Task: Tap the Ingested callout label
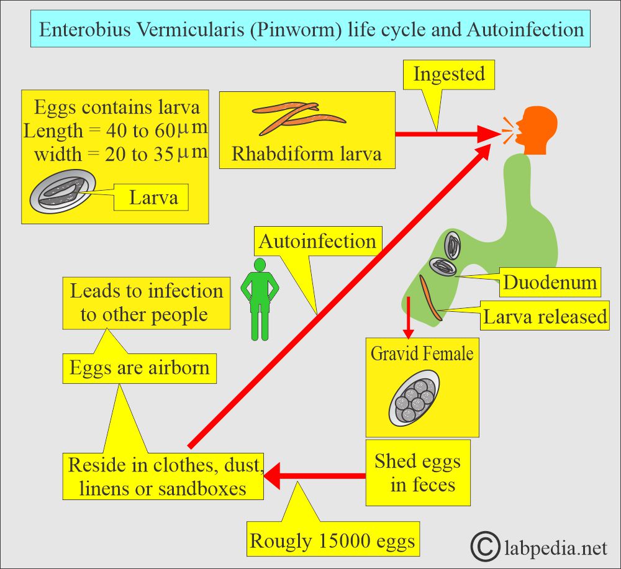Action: (449, 75)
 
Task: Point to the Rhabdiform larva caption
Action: (306, 153)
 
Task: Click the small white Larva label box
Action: (153, 198)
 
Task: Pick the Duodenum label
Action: (550, 283)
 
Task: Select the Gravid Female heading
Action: (422, 353)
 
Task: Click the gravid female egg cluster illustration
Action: (414, 398)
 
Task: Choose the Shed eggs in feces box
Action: (417, 473)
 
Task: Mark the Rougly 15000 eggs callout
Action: (332, 541)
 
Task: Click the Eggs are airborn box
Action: (139, 368)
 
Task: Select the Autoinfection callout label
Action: (317, 241)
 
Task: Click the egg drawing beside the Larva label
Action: (63, 193)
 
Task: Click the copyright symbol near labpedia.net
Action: (486, 547)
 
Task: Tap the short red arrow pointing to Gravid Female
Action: (409, 317)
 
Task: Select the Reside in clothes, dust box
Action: (165, 476)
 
